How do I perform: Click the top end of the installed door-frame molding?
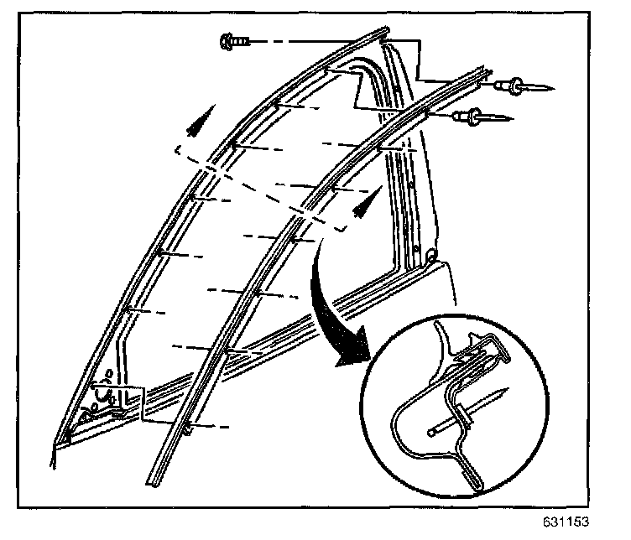(382, 34)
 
